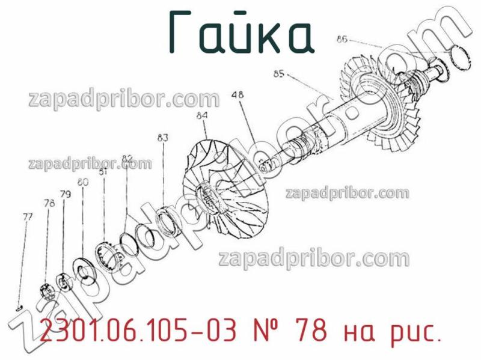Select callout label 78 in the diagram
coord(49,203)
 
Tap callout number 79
coord(66,194)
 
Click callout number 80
coord(83,182)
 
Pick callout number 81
coord(103,171)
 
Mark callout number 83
coord(163,137)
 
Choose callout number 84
coord(202,115)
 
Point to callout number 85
coord(279,75)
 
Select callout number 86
coord(342,40)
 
